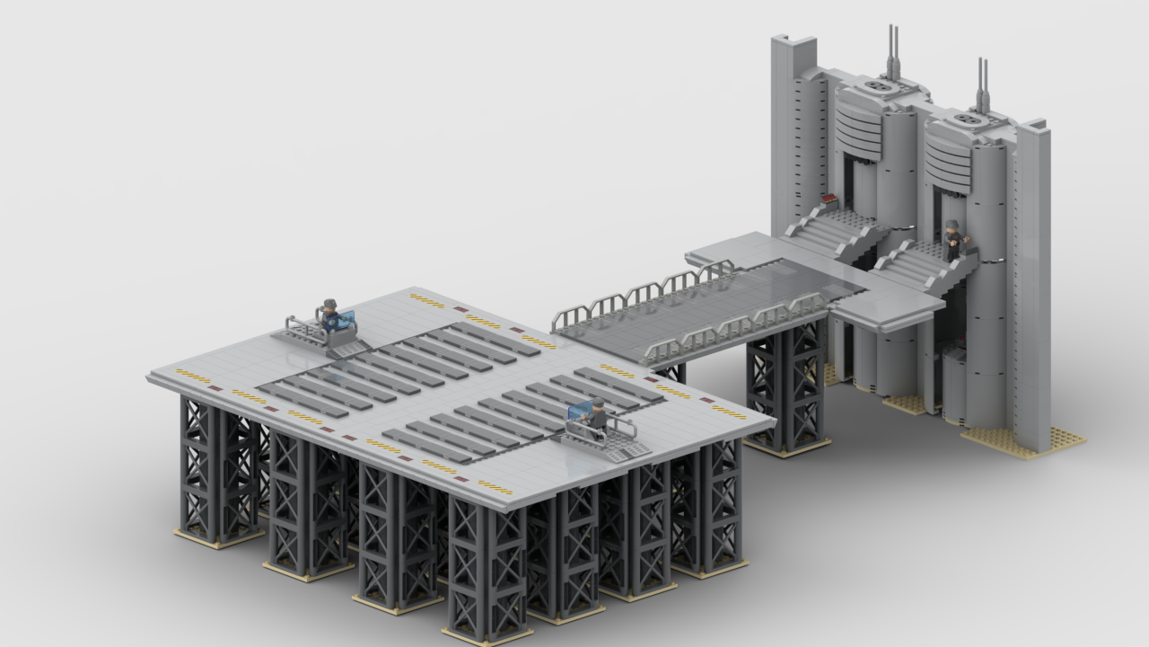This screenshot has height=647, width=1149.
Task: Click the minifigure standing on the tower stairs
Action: coord(954,241)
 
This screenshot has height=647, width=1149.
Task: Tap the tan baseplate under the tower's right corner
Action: coord(1023,441)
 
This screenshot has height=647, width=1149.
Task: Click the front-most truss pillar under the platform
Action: coord(486,566)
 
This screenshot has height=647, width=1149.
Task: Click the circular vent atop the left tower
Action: coord(877,86)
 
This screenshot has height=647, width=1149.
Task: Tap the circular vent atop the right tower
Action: coord(969,119)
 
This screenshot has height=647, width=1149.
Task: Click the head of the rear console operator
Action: coord(330,304)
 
